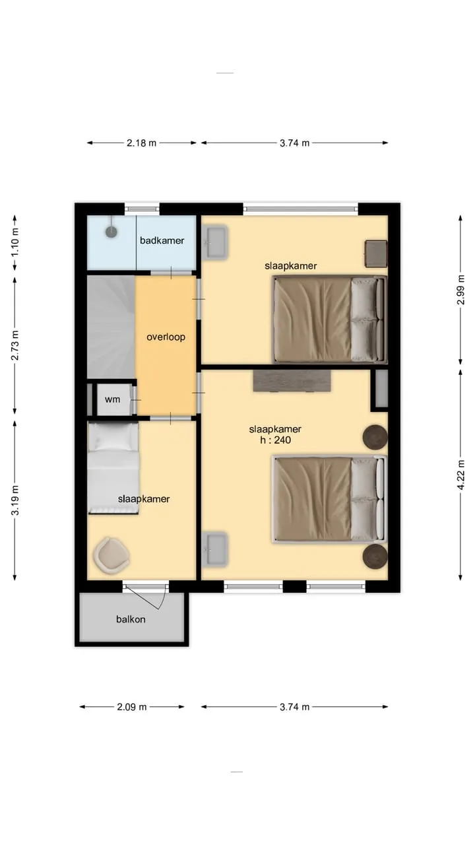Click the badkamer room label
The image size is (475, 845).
(x=162, y=240)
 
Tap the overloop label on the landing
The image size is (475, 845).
(x=166, y=337)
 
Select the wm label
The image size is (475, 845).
(x=112, y=399)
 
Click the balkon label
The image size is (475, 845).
(x=131, y=619)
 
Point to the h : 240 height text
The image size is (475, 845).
(x=276, y=440)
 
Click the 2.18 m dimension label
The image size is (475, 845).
(x=141, y=143)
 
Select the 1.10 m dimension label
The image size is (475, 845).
(x=15, y=243)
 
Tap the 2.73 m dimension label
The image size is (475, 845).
(x=15, y=345)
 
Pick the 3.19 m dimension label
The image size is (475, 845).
(x=15, y=500)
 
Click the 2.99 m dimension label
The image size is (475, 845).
(x=460, y=290)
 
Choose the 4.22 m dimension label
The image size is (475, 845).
(x=460, y=475)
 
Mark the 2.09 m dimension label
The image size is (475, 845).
(x=131, y=706)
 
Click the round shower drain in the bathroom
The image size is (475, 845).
(x=111, y=231)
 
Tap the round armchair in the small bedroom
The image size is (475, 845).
(x=111, y=555)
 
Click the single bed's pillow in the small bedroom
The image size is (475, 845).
(x=113, y=436)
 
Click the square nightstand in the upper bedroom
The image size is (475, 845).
(x=376, y=253)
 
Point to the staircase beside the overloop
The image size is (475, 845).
(x=111, y=327)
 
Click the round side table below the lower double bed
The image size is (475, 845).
(x=375, y=556)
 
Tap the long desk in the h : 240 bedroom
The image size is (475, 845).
(x=292, y=381)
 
